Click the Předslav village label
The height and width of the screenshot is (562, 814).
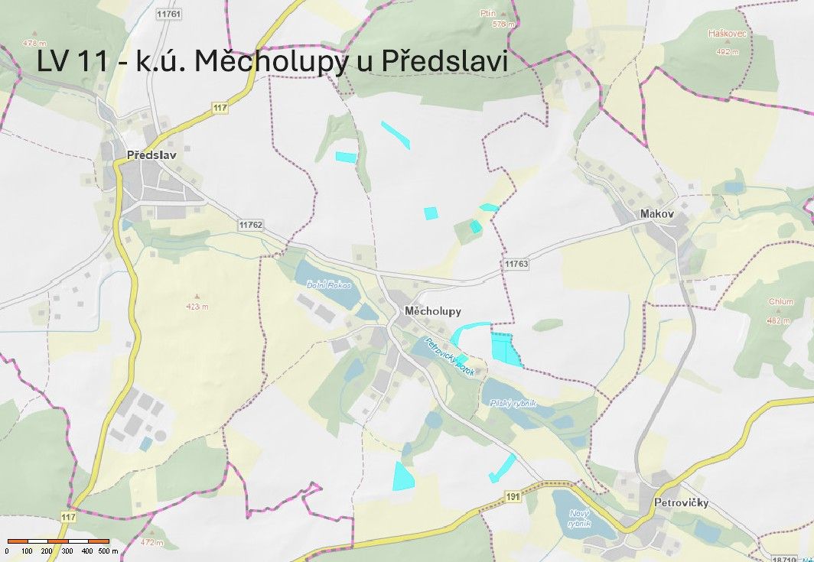point(151,155)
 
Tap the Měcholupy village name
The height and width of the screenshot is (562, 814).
point(432,311)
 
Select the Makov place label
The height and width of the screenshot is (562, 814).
point(657,214)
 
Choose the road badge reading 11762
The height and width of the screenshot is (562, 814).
point(250,225)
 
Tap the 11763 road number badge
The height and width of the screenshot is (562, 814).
point(516,264)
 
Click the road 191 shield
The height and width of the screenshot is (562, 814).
point(513,498)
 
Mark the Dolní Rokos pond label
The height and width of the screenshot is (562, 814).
point(328,285)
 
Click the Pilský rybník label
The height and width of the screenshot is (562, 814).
point(511,403)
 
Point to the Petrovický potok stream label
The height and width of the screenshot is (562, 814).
point(451,356)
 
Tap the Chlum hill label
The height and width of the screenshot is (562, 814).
point(781,301)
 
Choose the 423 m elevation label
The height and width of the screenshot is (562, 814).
point(197,307)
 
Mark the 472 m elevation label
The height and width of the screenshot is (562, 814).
point(154,542)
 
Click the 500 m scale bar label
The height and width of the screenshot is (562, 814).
point(109,551)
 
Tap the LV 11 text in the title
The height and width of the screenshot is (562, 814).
point(73,62)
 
